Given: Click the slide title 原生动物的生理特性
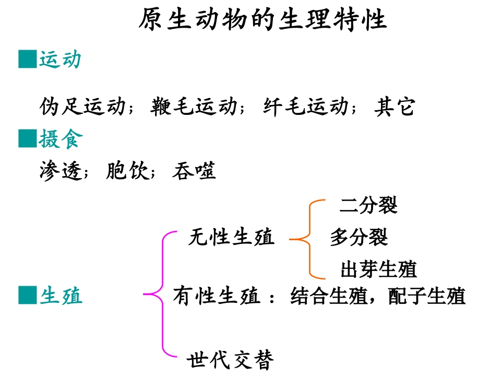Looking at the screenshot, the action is click(x=263, y=20).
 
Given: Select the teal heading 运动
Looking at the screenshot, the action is click(x=61, y=60).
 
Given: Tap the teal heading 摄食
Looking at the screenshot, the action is click(x=61, y=139).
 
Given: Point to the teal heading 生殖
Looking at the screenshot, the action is click(x=61, y=296).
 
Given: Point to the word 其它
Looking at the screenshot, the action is click(x=395, y=107).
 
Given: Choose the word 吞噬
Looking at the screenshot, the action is click(x=194, y=171).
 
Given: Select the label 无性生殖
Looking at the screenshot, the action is click(x=231, y=238).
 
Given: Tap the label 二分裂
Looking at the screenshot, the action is click(x=368, y=205).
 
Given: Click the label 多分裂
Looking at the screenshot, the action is click(x=359, y=238).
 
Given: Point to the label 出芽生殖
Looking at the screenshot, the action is click(x=379, y=270).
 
